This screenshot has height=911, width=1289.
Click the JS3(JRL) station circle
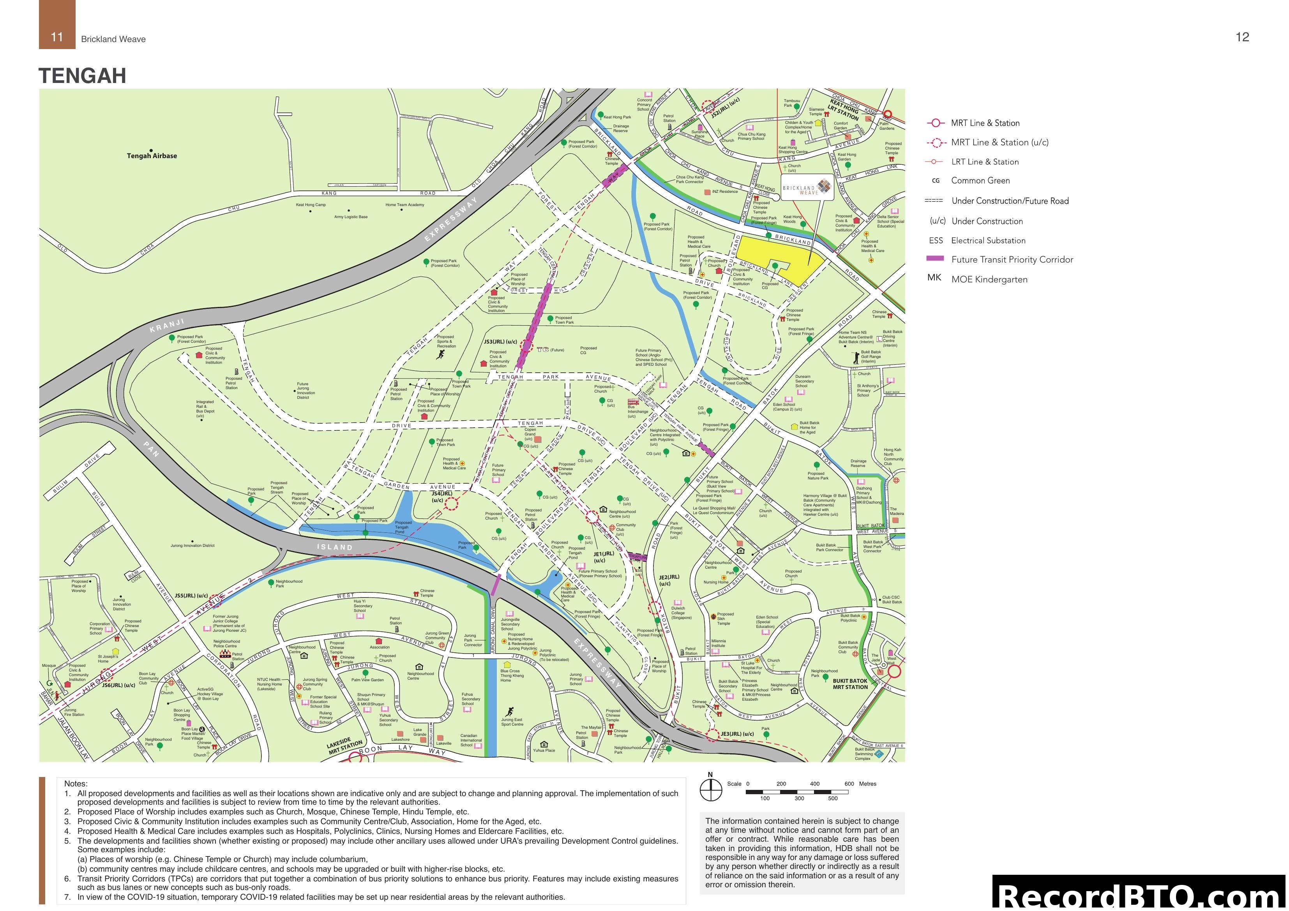click(x=526, y=346)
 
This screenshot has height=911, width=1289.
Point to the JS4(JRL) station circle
click(x=451, y=504)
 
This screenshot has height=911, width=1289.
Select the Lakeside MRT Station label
click(x=345, y=746)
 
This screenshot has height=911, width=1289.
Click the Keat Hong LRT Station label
click(x=844, y=110)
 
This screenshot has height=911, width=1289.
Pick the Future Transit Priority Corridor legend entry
click(x=1012, y=259)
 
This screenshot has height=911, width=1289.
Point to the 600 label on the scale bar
click(x=849, y=784)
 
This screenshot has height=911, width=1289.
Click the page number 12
click(x=1242, y=37)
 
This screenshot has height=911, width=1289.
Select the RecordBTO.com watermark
click(x=1140, y=895)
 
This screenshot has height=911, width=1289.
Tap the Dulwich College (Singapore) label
click(x=678, y=613)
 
